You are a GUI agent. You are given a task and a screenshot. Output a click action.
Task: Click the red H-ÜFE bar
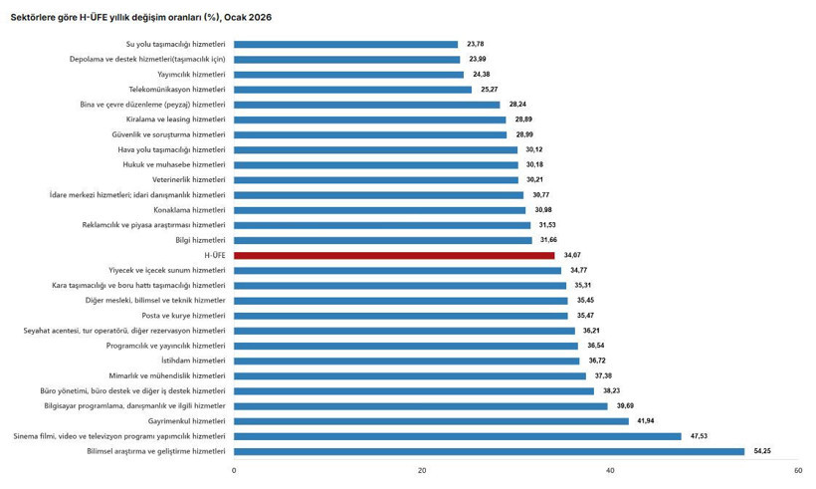(x=394, y=255)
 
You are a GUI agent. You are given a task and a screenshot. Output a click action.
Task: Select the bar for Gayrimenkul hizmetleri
(x=431, y=421)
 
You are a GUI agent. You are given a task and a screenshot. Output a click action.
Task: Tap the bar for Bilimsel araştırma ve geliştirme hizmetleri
(x=489, y=451)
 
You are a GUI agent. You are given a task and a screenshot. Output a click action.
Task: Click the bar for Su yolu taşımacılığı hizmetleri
(x=345, y=44)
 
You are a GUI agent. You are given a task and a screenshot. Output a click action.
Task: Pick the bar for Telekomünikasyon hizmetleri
(x=352, y=89)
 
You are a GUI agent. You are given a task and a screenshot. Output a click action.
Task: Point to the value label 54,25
(x=762, y=451)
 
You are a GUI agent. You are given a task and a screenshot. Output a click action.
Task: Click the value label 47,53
(x=700, y=436)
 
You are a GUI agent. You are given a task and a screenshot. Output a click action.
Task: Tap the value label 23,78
(x=476, y=44)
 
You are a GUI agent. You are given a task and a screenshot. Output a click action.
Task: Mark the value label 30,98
(x=543, y=210)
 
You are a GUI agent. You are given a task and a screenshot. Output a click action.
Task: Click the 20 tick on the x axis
(x=422, y=470)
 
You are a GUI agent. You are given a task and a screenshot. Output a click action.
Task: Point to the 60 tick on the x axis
(x=798, y=470)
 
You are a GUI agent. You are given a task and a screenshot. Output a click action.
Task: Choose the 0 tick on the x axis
(x=234, y=470)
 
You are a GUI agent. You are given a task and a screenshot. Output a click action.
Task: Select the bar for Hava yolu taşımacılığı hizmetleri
(x=375, y=149)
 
